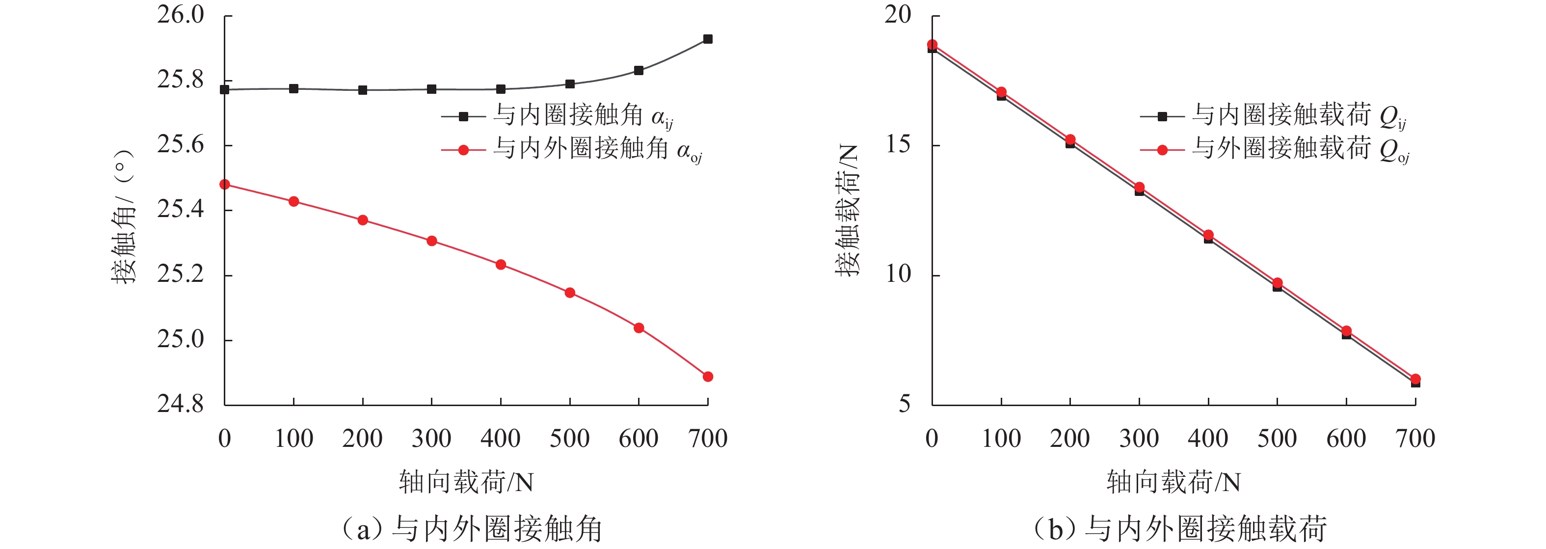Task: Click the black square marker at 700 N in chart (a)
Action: (x=708, y=39)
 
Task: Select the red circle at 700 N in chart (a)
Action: (x=708, y=377)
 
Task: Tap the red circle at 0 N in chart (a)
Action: (x=224, y=185)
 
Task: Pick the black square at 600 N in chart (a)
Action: (x=639, y=70)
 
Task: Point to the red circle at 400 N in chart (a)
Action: (x=501, y=264)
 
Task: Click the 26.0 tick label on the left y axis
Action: (x=181, y=15)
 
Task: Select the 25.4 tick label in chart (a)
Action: (x=181, y=210)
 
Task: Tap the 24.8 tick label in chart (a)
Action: (x=181, y=404)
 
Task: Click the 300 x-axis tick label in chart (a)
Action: (x=431, y=439)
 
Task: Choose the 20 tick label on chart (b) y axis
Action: (x=897, y=15)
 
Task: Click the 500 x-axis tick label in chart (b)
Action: (x=1277, y=439)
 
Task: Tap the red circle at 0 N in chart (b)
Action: (x=932, y=45)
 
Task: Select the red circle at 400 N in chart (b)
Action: (x=1208, y=235)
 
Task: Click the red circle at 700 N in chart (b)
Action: (x=1415, y=379)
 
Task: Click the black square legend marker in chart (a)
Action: (x=463, y=116)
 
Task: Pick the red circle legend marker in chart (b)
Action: (x=1162, y=150)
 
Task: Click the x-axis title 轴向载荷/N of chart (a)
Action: (x=466, y=482)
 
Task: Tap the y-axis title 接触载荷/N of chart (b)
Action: (x=847, y=210)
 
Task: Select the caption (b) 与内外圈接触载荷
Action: (x=1180, y=528)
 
